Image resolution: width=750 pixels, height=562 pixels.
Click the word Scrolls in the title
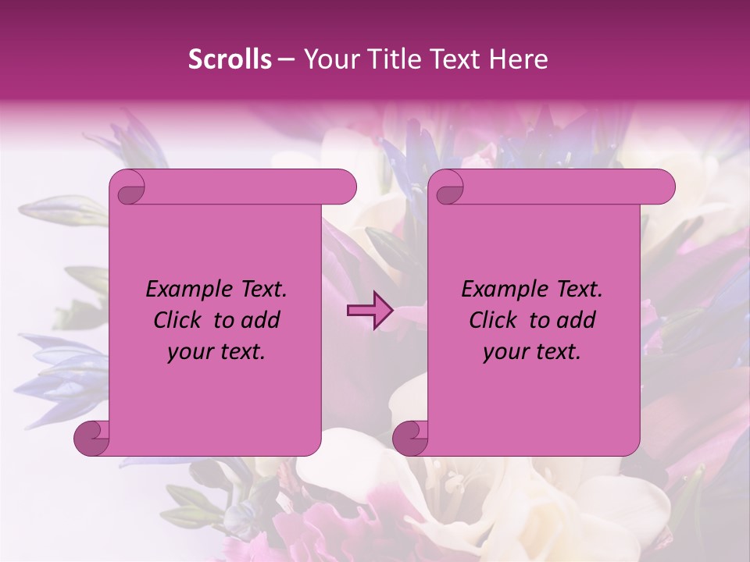pos(230,59)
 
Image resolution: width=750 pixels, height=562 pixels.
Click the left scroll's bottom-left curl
pos(92,439)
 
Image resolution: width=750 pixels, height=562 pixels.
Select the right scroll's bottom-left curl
pos(411,439)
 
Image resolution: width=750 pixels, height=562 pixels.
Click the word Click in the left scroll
pos(179,320)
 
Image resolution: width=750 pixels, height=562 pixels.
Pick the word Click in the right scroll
pos(495,320)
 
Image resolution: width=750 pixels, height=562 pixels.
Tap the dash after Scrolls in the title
pos(286,59)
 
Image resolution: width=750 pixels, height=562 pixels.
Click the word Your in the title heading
pos(329,59)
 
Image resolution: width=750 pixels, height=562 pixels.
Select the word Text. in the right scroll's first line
pos(577,290)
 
